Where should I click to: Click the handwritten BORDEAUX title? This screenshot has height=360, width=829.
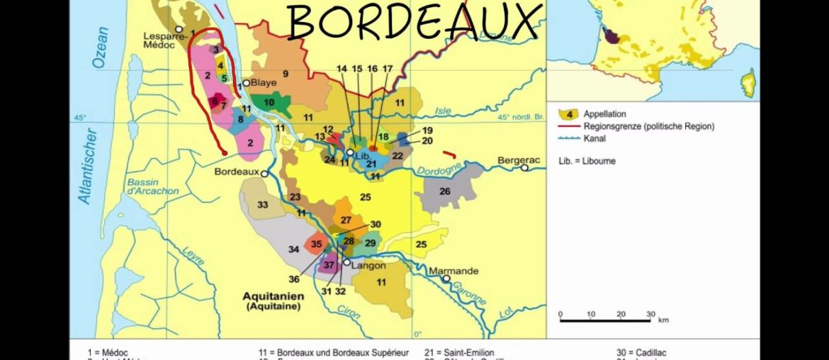[414, 22]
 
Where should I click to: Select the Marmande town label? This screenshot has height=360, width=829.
[453, 271]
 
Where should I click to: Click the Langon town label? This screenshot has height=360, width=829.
[368, 265]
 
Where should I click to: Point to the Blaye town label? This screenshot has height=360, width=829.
[264, 83]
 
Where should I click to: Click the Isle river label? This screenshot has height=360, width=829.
[443, 111]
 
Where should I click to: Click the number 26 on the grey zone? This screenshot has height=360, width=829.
[444, 191]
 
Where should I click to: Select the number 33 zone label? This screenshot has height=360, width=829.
[262, 205]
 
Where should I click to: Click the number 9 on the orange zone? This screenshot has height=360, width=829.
[286, 73]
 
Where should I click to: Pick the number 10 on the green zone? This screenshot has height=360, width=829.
[269, 102]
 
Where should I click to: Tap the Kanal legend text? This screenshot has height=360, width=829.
[596, 138]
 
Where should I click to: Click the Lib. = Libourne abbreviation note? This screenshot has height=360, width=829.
[587, 161]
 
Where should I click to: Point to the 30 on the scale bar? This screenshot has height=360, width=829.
[650, 314]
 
